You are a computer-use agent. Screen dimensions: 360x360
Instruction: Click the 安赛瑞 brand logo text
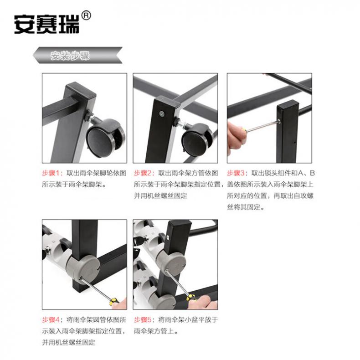[x=46, y=24]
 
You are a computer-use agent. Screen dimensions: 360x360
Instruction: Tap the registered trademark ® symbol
[x=86, y=15]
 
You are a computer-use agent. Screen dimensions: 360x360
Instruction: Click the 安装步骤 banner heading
[x=70, y=55]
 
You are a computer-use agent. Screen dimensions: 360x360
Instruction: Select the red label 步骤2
[x=143, y=173]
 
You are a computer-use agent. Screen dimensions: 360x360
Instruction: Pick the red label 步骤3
[x=236, y=173]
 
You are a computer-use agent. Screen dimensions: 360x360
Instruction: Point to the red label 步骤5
[x=143, y=319]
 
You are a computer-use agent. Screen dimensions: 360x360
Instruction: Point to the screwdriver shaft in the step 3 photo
[x=263, y=126]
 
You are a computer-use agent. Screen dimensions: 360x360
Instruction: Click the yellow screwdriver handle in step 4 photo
[x=114, y=301]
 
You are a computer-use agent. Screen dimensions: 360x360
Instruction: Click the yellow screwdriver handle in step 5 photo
[x=191, y=298]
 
